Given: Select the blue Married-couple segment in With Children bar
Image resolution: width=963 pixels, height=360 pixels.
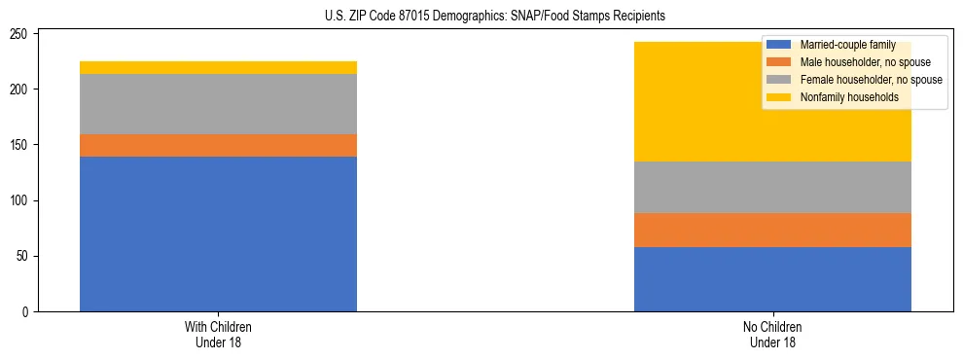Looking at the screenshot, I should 218,234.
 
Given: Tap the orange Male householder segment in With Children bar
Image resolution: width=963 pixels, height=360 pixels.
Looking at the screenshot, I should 218,145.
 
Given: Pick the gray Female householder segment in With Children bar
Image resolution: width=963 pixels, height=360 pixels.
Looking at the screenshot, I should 218,104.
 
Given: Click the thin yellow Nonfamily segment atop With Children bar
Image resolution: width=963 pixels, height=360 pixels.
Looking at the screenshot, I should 218,67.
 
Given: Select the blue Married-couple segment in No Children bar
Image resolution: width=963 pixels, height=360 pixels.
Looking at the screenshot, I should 772,279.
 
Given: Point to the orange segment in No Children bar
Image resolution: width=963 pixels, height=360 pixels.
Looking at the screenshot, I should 772,230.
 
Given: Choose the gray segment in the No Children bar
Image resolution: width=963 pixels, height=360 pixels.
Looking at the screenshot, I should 772,187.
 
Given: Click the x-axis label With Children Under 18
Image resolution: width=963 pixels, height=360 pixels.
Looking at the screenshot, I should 218,334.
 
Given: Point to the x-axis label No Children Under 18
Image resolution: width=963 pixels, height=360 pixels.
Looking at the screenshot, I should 772,334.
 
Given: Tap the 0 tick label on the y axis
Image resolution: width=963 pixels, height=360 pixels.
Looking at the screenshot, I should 28,312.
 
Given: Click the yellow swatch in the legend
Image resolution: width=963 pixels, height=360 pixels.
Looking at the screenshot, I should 779,97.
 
